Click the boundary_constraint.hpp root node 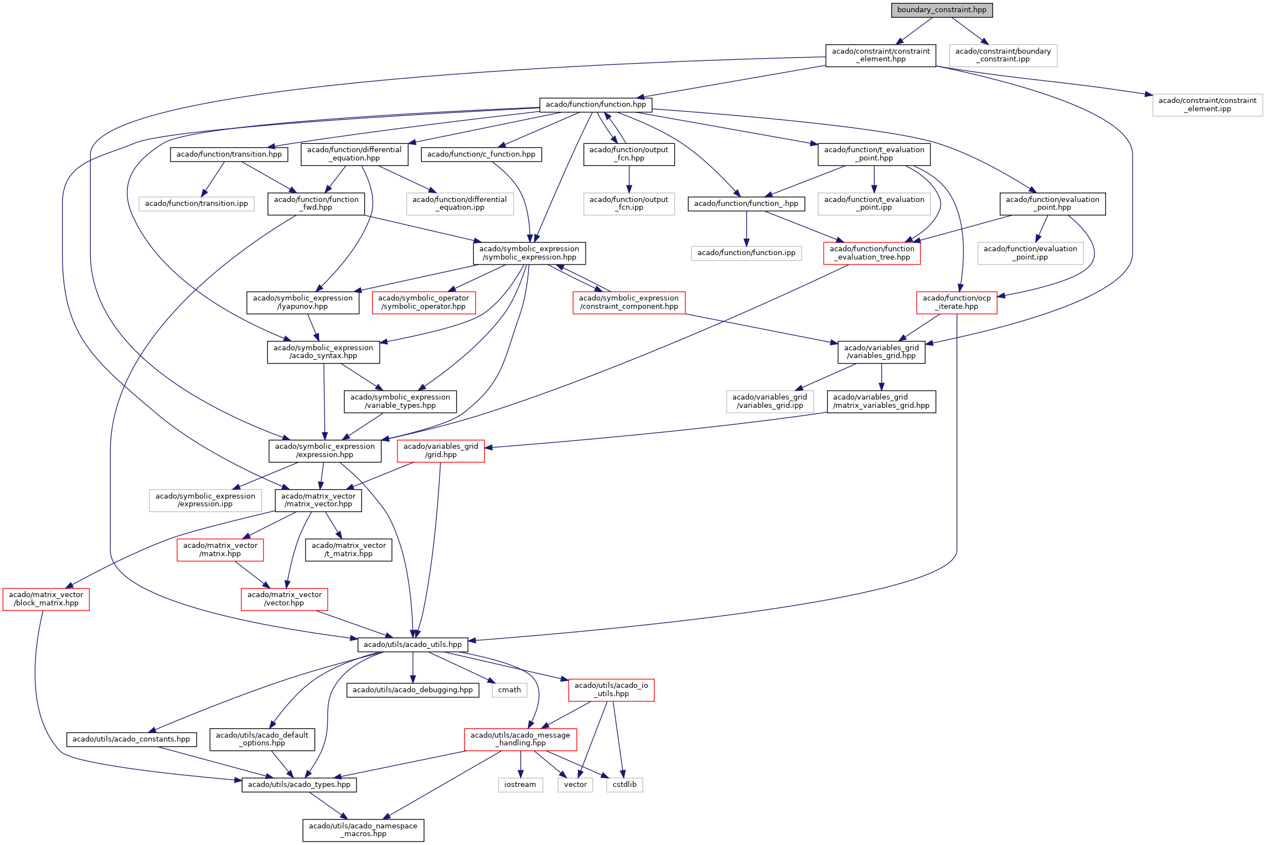942,10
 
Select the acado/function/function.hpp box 596,105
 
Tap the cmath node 509,690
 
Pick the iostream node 520,785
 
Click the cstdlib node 624,785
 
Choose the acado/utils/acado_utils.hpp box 412,645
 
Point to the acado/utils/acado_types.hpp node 299,785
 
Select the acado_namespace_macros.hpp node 363,830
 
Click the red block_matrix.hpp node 46,599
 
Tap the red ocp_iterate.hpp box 957,303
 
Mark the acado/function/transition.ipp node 197,204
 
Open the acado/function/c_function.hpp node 481,154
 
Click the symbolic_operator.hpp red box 423,303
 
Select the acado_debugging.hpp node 412,690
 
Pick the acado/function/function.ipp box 746,253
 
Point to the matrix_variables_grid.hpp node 881,402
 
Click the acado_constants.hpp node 131,739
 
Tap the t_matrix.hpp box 349,550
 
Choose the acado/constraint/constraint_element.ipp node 1207,105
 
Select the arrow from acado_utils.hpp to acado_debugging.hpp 413,667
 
